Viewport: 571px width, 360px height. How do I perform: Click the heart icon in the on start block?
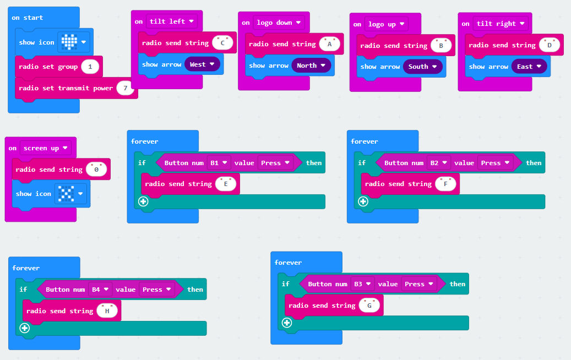point(69,42)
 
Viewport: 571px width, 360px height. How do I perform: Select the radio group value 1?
point(90,67)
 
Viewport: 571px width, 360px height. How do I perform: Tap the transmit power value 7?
point(126,88)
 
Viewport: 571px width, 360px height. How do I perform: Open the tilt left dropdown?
point(171,21)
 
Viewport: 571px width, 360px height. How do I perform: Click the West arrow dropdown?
point(202,64)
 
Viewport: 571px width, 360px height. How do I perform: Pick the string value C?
point(222,43)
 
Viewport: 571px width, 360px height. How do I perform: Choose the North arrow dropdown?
point(311,66)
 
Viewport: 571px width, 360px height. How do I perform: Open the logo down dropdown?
point(279,23)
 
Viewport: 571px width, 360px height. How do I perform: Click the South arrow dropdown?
point(422,67)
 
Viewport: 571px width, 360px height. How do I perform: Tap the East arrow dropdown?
point(529,67)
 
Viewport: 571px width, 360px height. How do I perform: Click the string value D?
point(550,45)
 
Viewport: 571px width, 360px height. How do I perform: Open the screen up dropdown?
point(46,148)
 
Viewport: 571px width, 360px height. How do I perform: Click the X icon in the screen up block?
point(66,194)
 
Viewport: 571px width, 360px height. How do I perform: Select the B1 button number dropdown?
point(219,163)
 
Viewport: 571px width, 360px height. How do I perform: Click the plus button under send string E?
point(143,201)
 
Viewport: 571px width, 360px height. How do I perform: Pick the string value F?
point(445,184)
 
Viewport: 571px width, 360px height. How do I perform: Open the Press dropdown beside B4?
point(156,290)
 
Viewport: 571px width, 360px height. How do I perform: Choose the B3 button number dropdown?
point(362,284)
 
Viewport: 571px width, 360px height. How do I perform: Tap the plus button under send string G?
point(287,323)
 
